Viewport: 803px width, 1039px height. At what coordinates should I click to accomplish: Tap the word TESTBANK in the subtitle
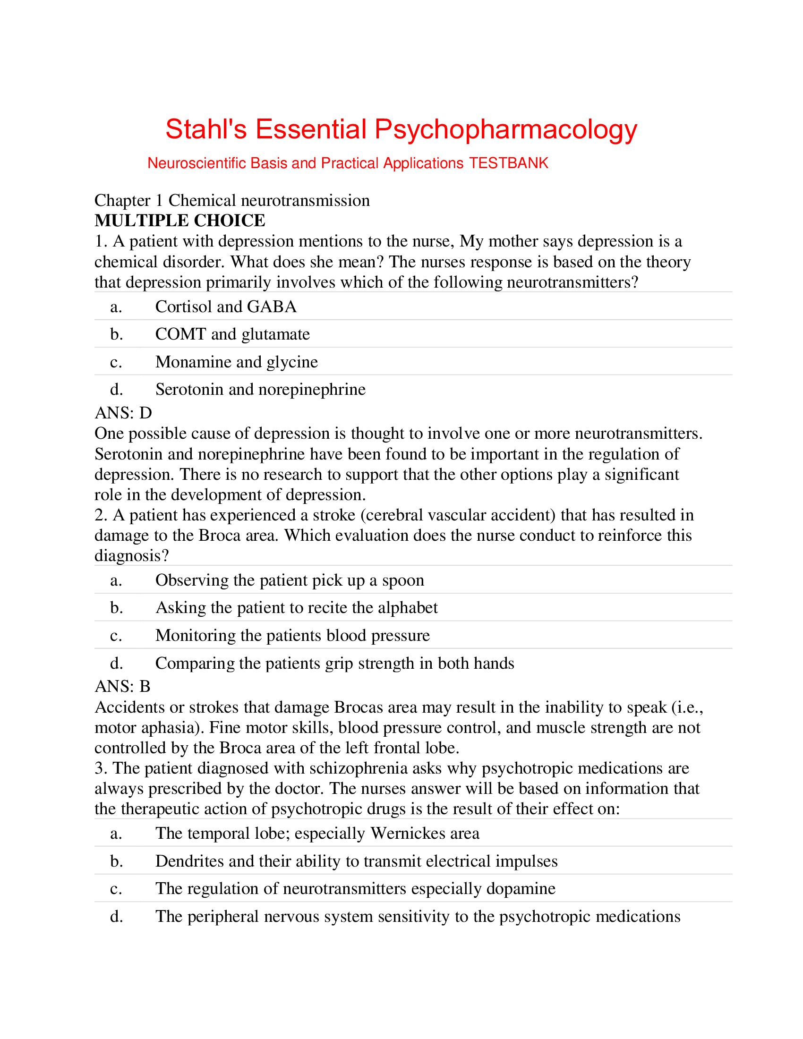pos(509,163)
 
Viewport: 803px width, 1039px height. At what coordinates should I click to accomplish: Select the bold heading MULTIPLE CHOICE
pos(180,221)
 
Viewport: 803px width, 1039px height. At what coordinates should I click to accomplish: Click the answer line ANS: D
pos(123,412)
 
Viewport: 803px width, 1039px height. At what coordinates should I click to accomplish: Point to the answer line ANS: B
pos(123,686)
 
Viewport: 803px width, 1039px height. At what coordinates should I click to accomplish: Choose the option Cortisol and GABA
pos(226,307)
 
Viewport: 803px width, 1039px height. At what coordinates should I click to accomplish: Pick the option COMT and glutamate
pos(232,334)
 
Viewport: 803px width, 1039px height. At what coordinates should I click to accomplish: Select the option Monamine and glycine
pos(237,362)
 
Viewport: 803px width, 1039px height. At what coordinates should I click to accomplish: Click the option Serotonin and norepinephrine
pos(260,390)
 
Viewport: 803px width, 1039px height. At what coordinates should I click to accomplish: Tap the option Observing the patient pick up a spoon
pos(290,580)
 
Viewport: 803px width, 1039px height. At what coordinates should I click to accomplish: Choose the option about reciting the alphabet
pos(296,608)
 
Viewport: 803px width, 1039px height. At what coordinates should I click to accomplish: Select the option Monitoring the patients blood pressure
pos(292,636)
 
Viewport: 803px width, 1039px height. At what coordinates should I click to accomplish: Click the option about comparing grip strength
pos(334,663)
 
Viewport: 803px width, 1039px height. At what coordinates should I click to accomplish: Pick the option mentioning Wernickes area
pos(317,834)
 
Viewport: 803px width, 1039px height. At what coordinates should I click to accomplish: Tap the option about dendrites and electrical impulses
pos(356,861)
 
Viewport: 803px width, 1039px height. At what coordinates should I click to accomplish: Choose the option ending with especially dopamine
pos(355,889)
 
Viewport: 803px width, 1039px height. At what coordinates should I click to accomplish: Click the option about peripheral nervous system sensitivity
pos(418,916)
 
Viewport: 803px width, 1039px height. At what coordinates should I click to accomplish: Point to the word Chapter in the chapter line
pos(122,201)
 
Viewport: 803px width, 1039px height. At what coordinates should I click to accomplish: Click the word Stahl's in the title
pos(206,129)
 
